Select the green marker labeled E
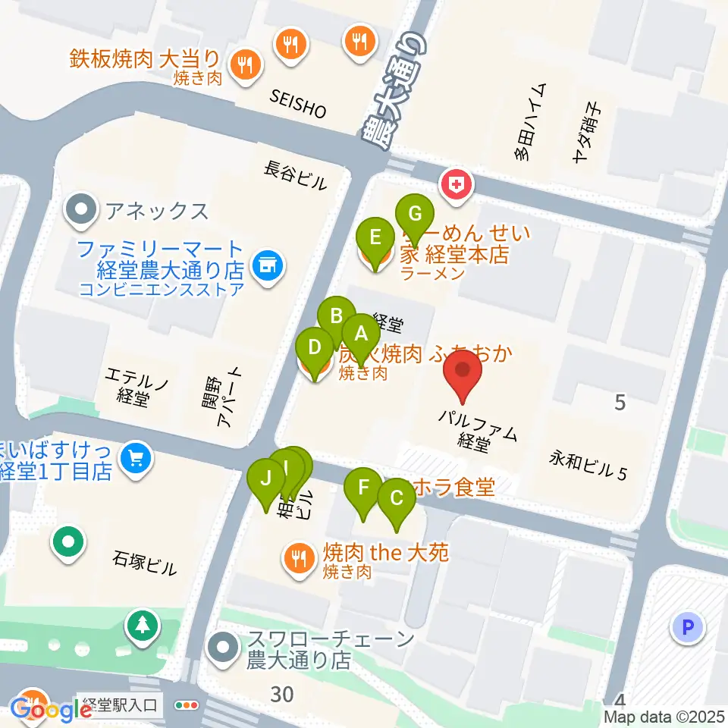(x=375, y=237)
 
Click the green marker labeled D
(x=313, y=348)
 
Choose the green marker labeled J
(x=265, y=479)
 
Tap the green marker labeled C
(x=396, y=499)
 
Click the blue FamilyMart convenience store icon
(x=265, y=265)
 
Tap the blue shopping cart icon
(x=136, y=458)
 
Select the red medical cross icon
(x=458, y=184)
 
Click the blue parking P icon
(x=688, y=627)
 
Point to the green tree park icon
(x=142, y=625)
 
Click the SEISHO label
(x=298, y=104)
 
